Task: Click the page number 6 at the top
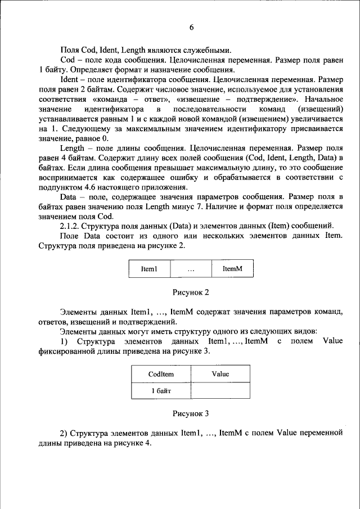[191, 27]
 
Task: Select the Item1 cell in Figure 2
[150, 269]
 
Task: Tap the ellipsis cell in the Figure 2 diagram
[191, 269]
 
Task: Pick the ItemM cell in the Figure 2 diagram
[232, 269]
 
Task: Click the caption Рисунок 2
[191, 292]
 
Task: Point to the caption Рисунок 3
[191, 413]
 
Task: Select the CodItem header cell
[161, 374]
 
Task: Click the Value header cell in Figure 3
[220, 374]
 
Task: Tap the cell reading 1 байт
[161, 390]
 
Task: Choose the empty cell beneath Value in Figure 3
[220, 390]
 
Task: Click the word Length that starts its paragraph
[71, 148]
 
